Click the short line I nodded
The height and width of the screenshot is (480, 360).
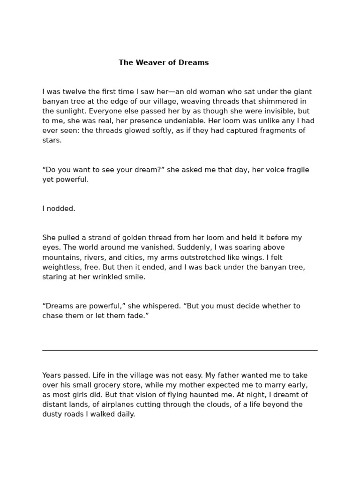click(x=59, y=209)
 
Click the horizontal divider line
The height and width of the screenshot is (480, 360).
click(x=180, y=350)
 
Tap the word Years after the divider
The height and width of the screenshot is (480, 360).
click(x=52, y=375)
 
